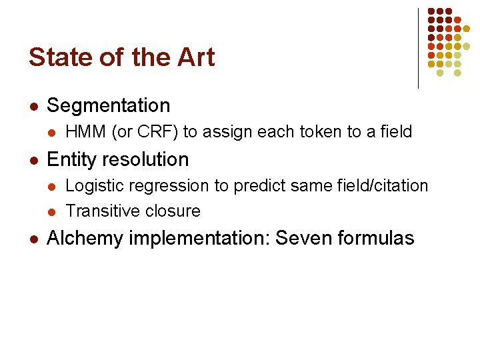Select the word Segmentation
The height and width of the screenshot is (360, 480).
pos(109,105)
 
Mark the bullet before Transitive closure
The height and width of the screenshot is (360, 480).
pos(52,212)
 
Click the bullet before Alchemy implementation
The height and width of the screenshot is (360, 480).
pos(33,239)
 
